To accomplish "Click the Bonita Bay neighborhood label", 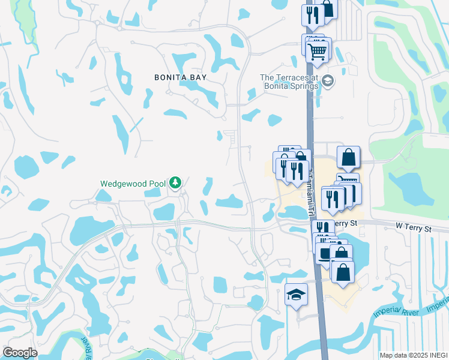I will (172, 77).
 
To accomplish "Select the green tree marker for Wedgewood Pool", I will (175, 182).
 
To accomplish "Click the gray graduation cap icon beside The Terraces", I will (328, 81).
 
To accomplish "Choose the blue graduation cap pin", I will (296, 295).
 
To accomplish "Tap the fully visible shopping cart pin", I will (318, 50).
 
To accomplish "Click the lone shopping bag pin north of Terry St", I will (348, 158).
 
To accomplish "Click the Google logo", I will (20, 353).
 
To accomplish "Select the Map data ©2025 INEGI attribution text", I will (414, 355).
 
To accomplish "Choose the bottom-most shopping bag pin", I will (342, 272).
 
